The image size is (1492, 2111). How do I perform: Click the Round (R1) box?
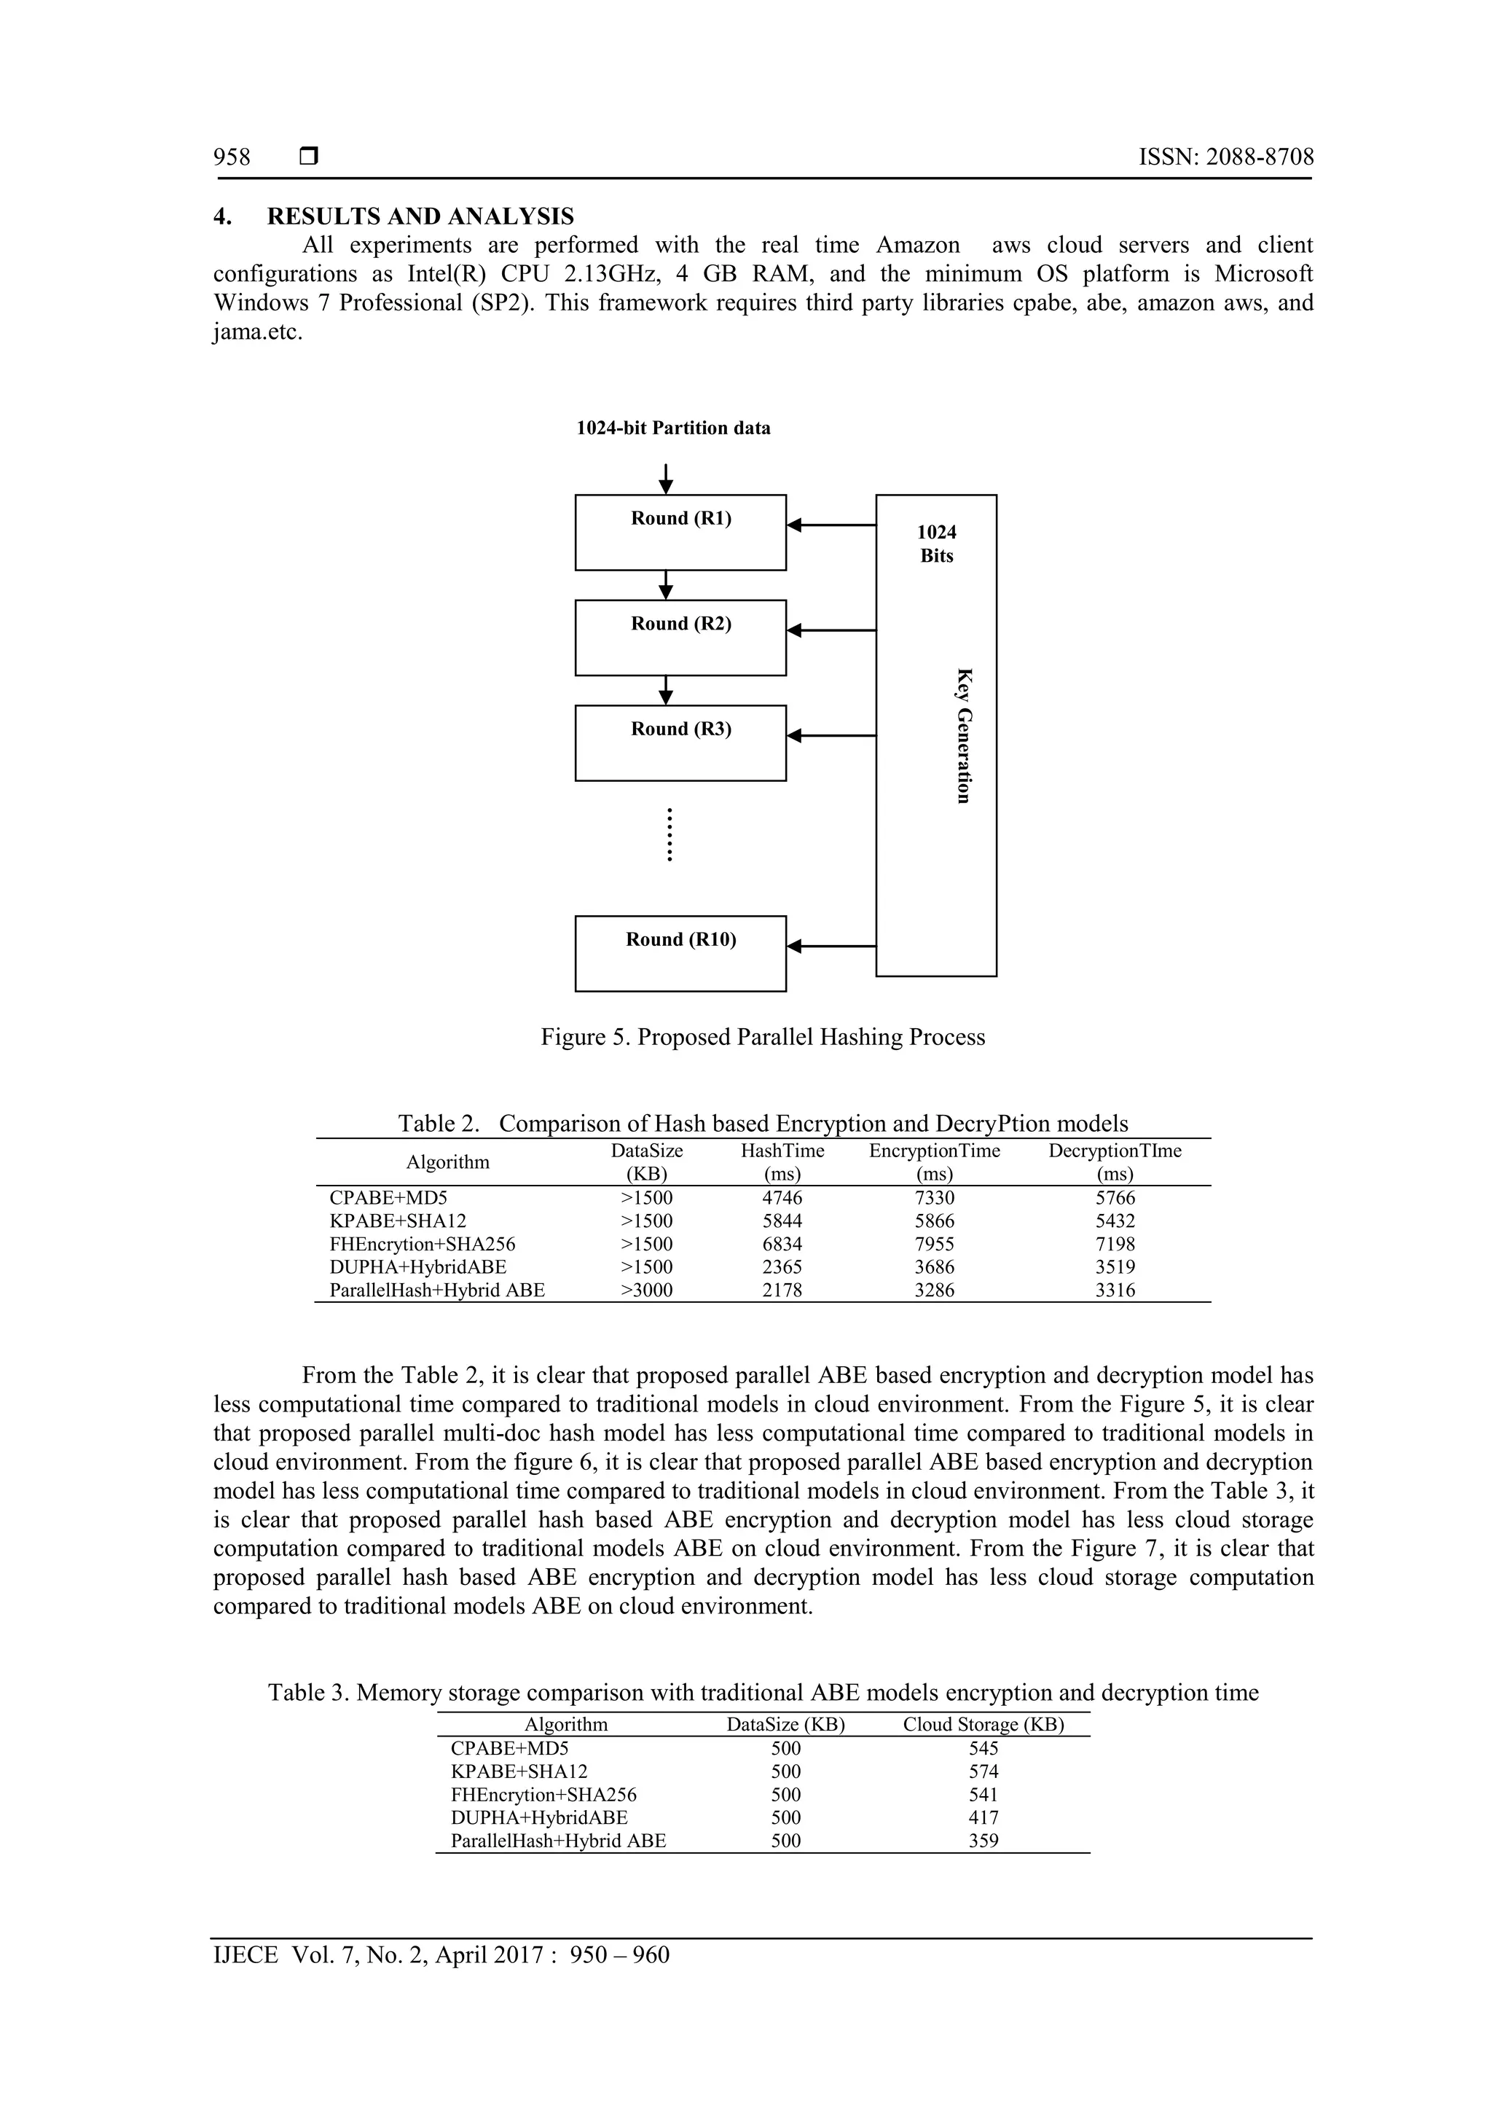pyautogui.click(x=680, y=533)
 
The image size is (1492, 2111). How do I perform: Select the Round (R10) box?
pyautogui.click(x=680, y=953)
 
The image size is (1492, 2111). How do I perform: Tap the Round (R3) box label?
pyautogui.click(x=680, y=729)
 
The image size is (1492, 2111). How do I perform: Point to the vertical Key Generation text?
pyautogui.click(x=962, y=735)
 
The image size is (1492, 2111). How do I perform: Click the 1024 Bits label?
pyautogui.click(x=936, y=544)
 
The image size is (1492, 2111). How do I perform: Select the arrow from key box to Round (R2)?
pyautogui.click(x=831, y=631)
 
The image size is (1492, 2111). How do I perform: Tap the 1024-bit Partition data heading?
pyautogui.click(x=673, y=428)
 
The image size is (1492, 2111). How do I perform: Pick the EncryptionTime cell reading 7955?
pyautogui.click(x=934, y=1244)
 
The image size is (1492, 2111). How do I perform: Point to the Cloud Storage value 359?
pyautogui.click(x=983, y=1859)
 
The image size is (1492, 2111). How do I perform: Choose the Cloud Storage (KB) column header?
pyautogui.click(x=983, y=1725)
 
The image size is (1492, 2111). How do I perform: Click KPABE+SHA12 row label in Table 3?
pyautogui.click(x=519, y=1771)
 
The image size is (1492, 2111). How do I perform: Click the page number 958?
pyautogui.click(x=232, y=157)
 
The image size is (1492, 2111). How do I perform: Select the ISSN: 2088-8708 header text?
pyautogui.click(x=1225, y=157)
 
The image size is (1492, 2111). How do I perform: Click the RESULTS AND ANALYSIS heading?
pyautogui.click(x=420, y=217)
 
